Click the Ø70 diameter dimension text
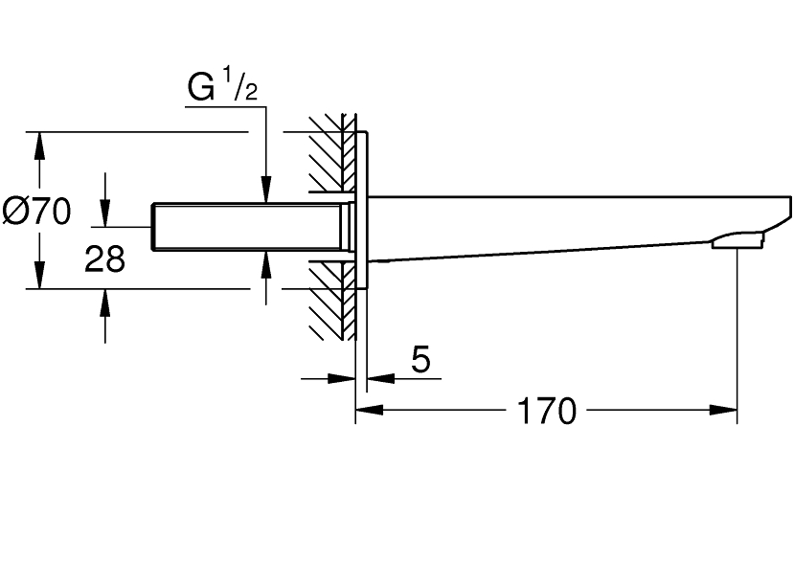click(x=37, y=211)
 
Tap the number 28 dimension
click(x=104, y=258)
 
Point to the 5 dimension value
click(x=420, y=360)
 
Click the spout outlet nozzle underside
click(x=738, y=240)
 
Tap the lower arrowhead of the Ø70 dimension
click(x=39, y=279)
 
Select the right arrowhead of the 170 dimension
click(x=727, y=412)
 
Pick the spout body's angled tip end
click(x=787, y=209)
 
